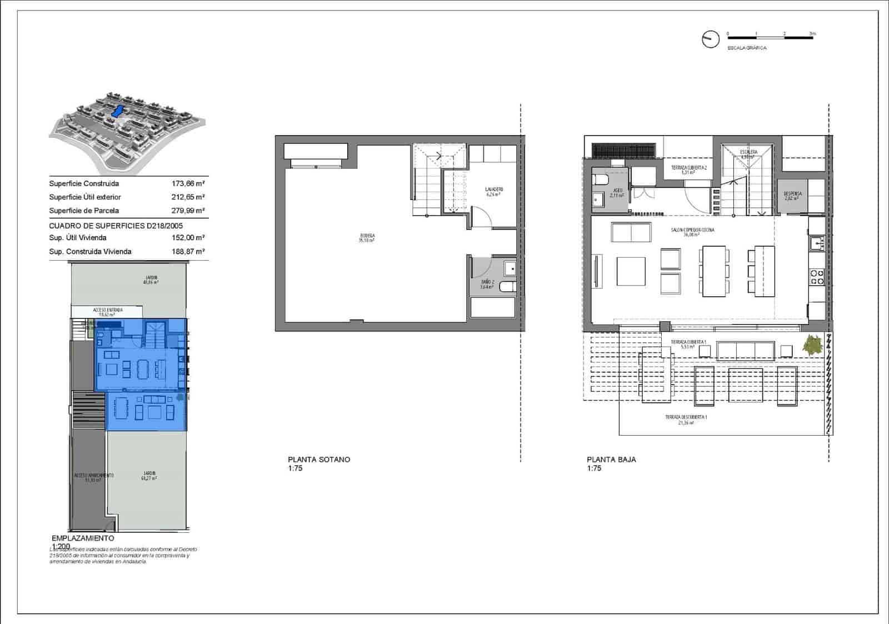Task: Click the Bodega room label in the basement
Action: (x=367, y=238)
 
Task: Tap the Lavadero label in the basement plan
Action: (x=494, y=192)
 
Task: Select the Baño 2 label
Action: (x=487, y=284)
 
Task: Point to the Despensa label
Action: (x=792, y=196)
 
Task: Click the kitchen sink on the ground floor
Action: (x=816, y=243)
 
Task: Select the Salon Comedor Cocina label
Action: (x=692, y=232)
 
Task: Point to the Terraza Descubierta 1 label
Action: (x=686, y=420)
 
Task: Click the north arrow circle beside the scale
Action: (x=710, y=39)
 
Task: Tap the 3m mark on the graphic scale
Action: (x=812, y=34)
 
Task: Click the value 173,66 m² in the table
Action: (x=188, y=183)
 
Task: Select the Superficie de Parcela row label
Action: (x=84, y=211)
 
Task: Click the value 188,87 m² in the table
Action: (x=188, y=251)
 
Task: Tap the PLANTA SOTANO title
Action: (x=319, y=460)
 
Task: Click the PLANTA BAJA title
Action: (x=611, y=460)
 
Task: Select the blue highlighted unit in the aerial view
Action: (x=118, y=111)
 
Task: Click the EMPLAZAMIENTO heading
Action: (x=83, y=538)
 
